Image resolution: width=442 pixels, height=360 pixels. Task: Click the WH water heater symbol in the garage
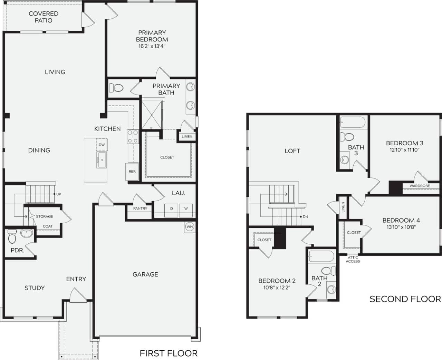(x=190, y=227)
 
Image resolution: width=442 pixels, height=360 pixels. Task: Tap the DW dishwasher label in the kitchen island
(x=102, y=145)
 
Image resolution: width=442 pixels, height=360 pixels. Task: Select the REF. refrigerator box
(x=132, y=171)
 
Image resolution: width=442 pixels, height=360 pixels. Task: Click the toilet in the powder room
(x=12, y=236)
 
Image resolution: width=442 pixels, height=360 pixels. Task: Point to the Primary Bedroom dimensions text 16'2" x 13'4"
(x=152, y=46)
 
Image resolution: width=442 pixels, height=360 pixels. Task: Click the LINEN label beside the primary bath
(x=187, y=136)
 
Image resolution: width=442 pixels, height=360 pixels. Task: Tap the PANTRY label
(x=140, y=208)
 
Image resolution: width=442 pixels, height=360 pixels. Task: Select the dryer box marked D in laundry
(x=171, y=209)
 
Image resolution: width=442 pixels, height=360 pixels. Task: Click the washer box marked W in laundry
(x=186, y=209)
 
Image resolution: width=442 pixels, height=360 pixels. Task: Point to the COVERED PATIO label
(x=44, y=17)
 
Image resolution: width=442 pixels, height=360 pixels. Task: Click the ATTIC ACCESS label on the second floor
(x=353, y=259)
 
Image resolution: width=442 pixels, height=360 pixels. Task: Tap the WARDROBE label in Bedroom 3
(x=420, y=186)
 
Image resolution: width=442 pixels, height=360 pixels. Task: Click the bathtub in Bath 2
(x=321, y=256)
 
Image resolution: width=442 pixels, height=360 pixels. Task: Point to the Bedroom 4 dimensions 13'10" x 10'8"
(x=401, y=227)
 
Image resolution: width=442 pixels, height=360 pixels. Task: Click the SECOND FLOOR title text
(x=405, y=299)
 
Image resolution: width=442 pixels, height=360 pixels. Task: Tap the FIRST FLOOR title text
(x=169, y=353)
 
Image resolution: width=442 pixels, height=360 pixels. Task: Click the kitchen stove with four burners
(x=133, y=136)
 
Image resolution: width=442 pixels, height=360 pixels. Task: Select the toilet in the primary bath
(x=116, y=88)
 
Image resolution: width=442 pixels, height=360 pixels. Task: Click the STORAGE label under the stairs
(x=45, y=216)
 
